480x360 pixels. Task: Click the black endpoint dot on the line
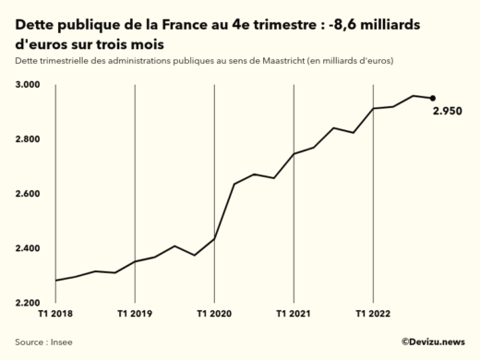tap(433, 98)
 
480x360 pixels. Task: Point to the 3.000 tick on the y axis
tap(27, 85)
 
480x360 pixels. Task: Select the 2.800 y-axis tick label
tap(27, 139)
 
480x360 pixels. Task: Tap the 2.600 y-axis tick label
tap(27, 194)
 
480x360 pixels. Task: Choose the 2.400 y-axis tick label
tap(27, 248)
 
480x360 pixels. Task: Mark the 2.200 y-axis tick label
tap(27, 303)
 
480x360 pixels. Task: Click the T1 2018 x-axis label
tap(56, 314)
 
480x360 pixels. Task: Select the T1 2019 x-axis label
tap(136, 314)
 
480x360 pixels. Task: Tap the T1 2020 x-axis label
tap(215, 314)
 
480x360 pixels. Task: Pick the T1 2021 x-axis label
tap(294, 314)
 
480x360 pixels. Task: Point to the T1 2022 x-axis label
tap(373, 314)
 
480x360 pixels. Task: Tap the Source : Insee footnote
tap(43, 342)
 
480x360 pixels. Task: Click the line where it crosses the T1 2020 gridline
tap(215, 238)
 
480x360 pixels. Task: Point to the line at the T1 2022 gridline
tap(373, 109)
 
